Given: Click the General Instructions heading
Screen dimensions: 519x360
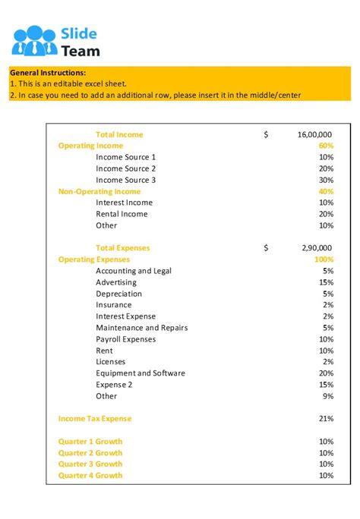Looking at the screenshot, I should coord(48,72).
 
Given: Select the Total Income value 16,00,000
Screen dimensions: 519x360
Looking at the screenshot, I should coord(314,134).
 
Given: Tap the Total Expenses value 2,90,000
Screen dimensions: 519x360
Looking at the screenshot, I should coord(317,248).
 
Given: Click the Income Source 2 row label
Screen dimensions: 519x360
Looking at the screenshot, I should coord(125,168).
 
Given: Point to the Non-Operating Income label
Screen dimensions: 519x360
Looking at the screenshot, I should coord(99,192).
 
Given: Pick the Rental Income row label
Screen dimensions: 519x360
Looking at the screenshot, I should coord(122,214).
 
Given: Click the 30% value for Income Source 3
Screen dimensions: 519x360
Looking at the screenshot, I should coord(327,180).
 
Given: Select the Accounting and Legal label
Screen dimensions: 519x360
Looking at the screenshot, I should coord(134,271).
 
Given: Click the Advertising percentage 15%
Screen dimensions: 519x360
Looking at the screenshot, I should coord(327,282).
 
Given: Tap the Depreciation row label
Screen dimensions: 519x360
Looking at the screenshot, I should coord(118,294).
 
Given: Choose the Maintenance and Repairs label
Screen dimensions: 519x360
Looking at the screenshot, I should coord(141,328).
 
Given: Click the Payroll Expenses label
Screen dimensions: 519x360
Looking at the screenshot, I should coord(125,339).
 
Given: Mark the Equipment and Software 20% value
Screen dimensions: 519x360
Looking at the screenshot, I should coord(327,373).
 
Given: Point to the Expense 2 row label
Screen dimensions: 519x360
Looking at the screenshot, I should coord(114,385).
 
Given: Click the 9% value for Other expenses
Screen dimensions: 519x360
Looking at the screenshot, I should coord(328,396).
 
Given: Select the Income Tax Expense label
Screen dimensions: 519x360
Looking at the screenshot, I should coord(95,419).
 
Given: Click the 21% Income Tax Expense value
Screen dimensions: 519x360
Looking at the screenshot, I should coord(327,419).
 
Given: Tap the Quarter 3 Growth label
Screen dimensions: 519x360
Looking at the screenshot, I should coord(90,464).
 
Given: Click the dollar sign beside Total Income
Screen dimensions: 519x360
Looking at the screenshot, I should coord(266,134).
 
